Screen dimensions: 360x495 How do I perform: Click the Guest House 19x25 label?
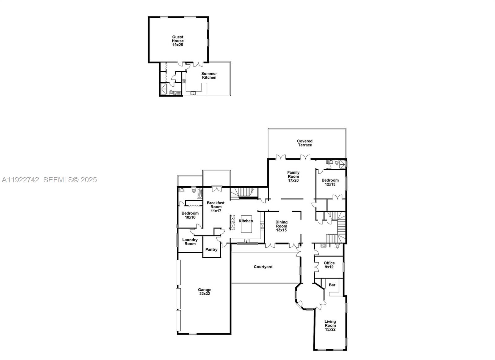(x=178, y=41)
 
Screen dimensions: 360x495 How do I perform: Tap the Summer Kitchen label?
(x=209, y=76)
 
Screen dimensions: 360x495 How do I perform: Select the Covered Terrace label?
(x=305, y=143)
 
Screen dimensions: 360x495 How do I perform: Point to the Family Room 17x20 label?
(x=293, y=176)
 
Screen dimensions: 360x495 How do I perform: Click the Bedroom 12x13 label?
(x=330, y=182)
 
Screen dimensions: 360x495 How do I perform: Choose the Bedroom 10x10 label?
(x=190, y=215)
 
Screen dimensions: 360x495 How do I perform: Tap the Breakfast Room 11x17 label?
(x=216, y=207)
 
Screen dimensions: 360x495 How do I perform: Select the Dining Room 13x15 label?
(x=281, y=226)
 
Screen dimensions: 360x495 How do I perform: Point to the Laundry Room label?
(x=190, y=242)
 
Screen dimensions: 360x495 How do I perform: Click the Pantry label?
(x=211, y=249)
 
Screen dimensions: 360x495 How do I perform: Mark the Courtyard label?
(x=263, y=267)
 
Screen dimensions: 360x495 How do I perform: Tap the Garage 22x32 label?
(x=204, y=292)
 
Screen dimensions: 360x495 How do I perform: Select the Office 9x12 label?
(x=329, y=265)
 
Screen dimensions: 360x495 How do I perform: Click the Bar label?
(x=332, y=285)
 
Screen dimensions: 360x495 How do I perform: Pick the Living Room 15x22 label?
(x=330, y=325)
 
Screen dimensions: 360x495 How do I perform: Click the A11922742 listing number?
(x=20, y=180)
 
